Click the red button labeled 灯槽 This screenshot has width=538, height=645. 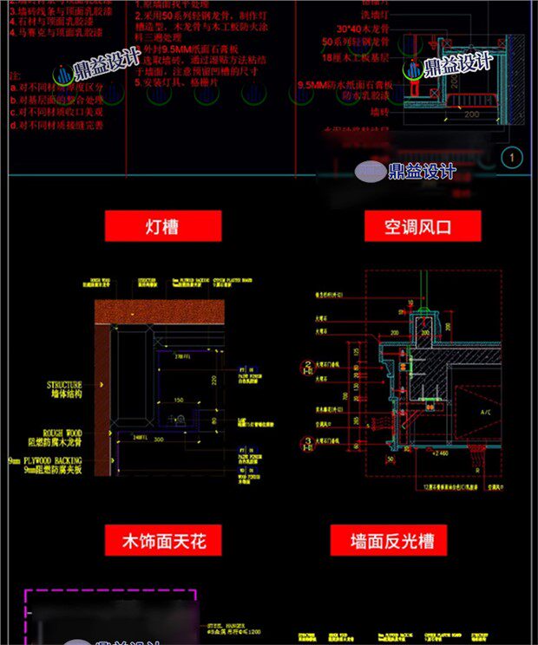click(162, 227)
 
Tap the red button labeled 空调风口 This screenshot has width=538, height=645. click(420, 227)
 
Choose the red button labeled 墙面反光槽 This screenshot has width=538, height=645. click(391, 542)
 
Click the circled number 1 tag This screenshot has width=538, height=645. click(512, 157)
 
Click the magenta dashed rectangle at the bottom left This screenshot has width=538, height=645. click(110, 616)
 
